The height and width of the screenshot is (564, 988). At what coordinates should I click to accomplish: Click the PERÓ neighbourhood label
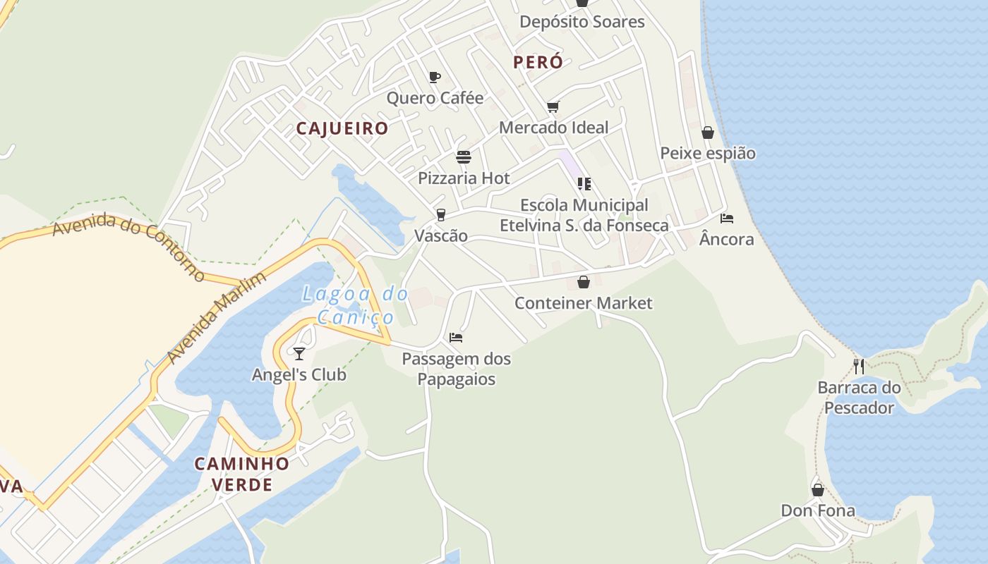pos(538,62)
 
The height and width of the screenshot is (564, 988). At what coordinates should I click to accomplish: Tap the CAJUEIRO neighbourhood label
pos(342,128)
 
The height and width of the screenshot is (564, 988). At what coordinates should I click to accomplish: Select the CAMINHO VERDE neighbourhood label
pos(242,474)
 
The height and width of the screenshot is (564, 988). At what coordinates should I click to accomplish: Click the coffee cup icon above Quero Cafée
pos(435,77)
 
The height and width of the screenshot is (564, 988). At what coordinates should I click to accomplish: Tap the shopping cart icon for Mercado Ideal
pos(553,107)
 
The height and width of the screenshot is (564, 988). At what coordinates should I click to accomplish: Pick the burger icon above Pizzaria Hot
pos(464,157)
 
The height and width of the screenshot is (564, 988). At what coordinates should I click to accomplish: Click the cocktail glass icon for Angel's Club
pos(299,353)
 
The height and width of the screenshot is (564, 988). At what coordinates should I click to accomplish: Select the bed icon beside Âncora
pos(727,219)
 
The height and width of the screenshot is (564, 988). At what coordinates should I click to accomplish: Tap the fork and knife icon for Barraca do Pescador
pos(859,366)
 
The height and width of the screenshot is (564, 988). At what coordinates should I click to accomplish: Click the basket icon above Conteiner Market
pos(584,282)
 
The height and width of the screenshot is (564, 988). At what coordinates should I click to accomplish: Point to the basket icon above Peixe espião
pos(708,133)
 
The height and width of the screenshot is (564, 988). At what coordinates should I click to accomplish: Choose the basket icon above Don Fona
pos(818,489)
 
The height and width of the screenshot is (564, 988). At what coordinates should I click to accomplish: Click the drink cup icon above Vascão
pos(441,214)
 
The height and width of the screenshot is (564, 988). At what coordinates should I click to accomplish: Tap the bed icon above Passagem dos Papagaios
pos(456,338)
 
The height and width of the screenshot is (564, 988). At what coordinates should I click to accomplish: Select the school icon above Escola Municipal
pos(584,184)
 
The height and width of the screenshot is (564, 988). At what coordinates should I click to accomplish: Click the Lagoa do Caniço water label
pos(355,305)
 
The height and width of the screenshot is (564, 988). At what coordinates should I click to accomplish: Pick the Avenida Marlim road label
pos(217,318)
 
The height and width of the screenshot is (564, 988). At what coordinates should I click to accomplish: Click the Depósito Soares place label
pos(582,22)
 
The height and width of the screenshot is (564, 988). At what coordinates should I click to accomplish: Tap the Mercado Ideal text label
pos(553,128)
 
